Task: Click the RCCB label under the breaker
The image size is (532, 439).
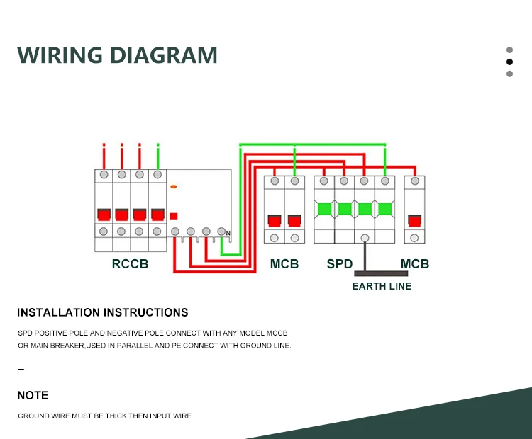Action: click(x=131, y=264)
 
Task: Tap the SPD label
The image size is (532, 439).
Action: click(x=340, y=264)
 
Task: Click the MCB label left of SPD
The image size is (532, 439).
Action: click(x=284, y=264)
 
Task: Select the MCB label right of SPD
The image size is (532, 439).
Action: click(x=415, y=264)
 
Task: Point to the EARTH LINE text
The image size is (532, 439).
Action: click(x=382, y=286)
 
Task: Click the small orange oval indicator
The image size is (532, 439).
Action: click(x=174, y=186)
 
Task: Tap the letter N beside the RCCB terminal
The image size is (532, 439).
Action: click(x=228, y=234)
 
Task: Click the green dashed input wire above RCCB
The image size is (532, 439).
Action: click(x=157, y=154)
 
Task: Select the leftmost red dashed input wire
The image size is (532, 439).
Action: click(x=104, y=154)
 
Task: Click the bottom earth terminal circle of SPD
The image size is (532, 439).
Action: click(x=365, y=239)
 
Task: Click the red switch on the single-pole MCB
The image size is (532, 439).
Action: click(x=414, y=219)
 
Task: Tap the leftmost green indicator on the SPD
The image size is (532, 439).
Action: click(x=325, y=209)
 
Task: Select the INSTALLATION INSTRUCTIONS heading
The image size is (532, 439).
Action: click(x=103, y=312)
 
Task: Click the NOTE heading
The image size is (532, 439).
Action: click(x=33, y=395)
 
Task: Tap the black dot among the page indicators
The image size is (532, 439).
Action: click(x=509, y=62)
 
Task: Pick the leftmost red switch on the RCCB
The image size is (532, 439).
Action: click(x=104, y=215)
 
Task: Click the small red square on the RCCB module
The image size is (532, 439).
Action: click(x=174, y=216)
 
